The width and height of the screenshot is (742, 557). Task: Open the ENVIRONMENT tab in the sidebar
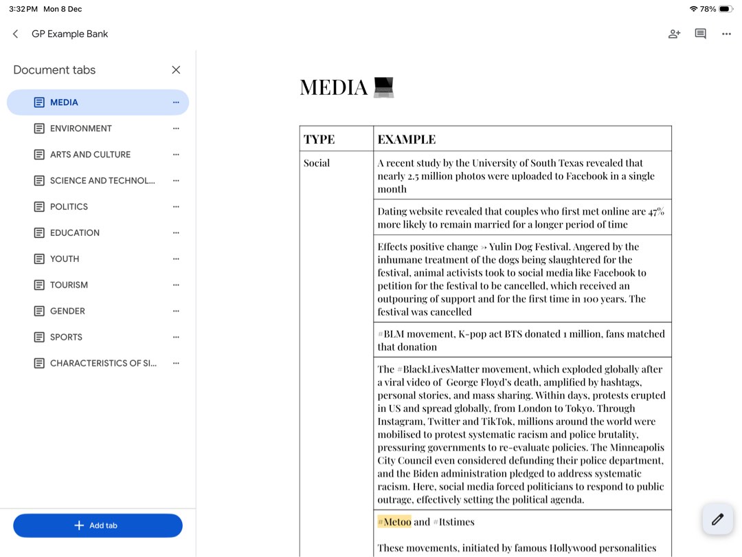pos(80,129)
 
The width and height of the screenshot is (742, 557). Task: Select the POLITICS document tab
pos(69,207)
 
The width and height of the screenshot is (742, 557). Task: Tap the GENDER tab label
pos(67,312)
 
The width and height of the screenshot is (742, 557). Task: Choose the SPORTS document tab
pos(66,338)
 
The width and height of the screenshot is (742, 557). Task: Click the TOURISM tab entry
pos(69,285)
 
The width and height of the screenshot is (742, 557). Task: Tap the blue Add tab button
pos(98,525)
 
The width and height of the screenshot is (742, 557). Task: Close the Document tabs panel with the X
pos(176,70)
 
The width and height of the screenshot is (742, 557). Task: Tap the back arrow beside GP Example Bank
pos(15,34)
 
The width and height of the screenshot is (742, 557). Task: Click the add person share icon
pos(674,34)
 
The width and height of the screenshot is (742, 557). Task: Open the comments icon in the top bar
pos(700,34)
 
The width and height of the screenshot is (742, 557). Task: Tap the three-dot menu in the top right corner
pos(726,34)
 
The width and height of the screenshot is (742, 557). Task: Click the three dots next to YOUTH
pos(176,259)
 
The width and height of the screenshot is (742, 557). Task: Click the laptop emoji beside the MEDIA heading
pos(383,87)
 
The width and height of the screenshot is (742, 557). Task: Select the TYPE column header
pos(319,139)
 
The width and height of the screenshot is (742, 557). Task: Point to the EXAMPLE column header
pos(406,139)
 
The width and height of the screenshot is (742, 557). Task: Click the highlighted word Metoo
pos(397,522)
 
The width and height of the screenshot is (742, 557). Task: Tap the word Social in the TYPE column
pos(317,163)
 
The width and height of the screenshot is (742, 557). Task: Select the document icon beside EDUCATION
pos(39,233)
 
